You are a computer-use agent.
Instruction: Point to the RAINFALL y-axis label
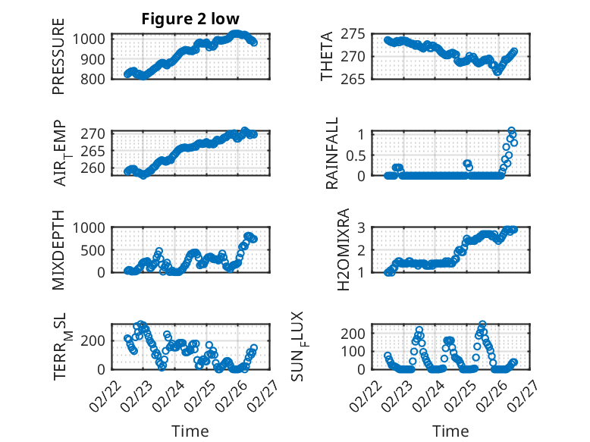332,153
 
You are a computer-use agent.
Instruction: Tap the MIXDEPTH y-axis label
58,250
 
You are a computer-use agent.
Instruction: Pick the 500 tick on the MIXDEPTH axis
96,250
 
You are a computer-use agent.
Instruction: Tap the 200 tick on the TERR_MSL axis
96,340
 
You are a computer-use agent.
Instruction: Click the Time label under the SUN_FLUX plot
450,431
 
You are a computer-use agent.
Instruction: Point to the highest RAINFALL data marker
511,131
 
